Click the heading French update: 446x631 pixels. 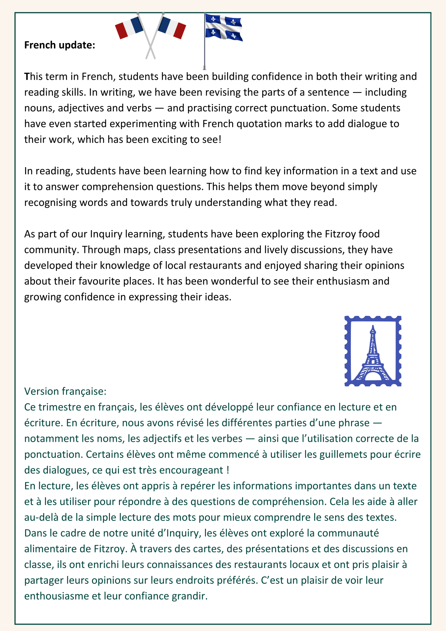(60, 45)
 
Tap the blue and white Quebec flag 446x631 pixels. (224, 28)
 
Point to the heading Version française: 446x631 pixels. (66, 391)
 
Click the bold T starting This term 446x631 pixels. (27, 76)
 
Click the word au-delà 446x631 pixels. (41, 517)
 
